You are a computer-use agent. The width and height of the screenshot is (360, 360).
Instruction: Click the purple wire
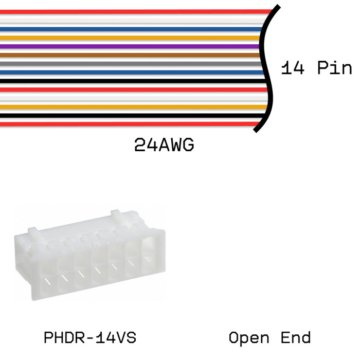[x=130, y=46]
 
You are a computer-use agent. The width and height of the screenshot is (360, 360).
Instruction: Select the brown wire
[x=130, y=55]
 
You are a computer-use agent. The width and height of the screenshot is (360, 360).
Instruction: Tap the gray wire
[x=131, y=64]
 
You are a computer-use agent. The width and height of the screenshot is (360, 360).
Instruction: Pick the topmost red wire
[x=137, y=12]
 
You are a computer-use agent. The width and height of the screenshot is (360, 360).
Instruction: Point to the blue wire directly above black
[x=132, y=73]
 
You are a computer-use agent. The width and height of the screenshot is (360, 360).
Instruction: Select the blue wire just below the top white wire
[x=131, y=29]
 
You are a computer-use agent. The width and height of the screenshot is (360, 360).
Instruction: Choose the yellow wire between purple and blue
[x=130, y=38]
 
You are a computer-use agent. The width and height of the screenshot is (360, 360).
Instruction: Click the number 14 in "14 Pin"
[x=293, y=68]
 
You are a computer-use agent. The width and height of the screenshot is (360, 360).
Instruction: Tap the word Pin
[x=334, y=68]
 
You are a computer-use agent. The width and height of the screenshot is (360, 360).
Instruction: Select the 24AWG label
[x=164, y=145]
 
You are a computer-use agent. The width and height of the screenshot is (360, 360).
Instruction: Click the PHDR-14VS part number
[x=90, y=337]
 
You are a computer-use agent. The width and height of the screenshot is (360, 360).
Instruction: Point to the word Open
[x=249, y=338]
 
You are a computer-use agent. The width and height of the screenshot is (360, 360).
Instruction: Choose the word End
[x=296, y=337]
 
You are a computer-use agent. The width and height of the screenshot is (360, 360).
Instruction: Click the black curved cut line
[x=266, y=68]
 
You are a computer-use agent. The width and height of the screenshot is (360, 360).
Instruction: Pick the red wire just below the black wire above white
[x=134, y=89]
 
